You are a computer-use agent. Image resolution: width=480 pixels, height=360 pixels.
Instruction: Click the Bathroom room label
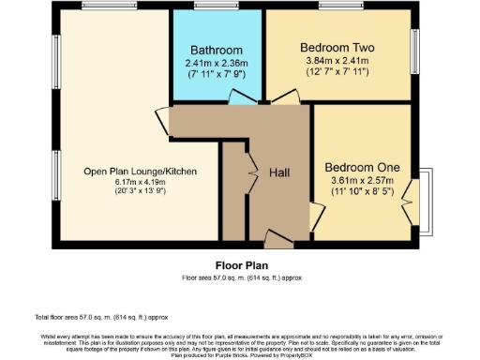217,50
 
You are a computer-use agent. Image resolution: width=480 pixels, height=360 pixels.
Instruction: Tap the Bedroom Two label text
337,47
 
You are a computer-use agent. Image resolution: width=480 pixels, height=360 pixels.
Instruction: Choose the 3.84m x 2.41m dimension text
337,61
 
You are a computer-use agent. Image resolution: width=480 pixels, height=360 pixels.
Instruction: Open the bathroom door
241,97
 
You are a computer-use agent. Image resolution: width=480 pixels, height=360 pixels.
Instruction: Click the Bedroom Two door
278,97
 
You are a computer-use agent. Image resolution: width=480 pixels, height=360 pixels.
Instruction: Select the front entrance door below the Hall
278,238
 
